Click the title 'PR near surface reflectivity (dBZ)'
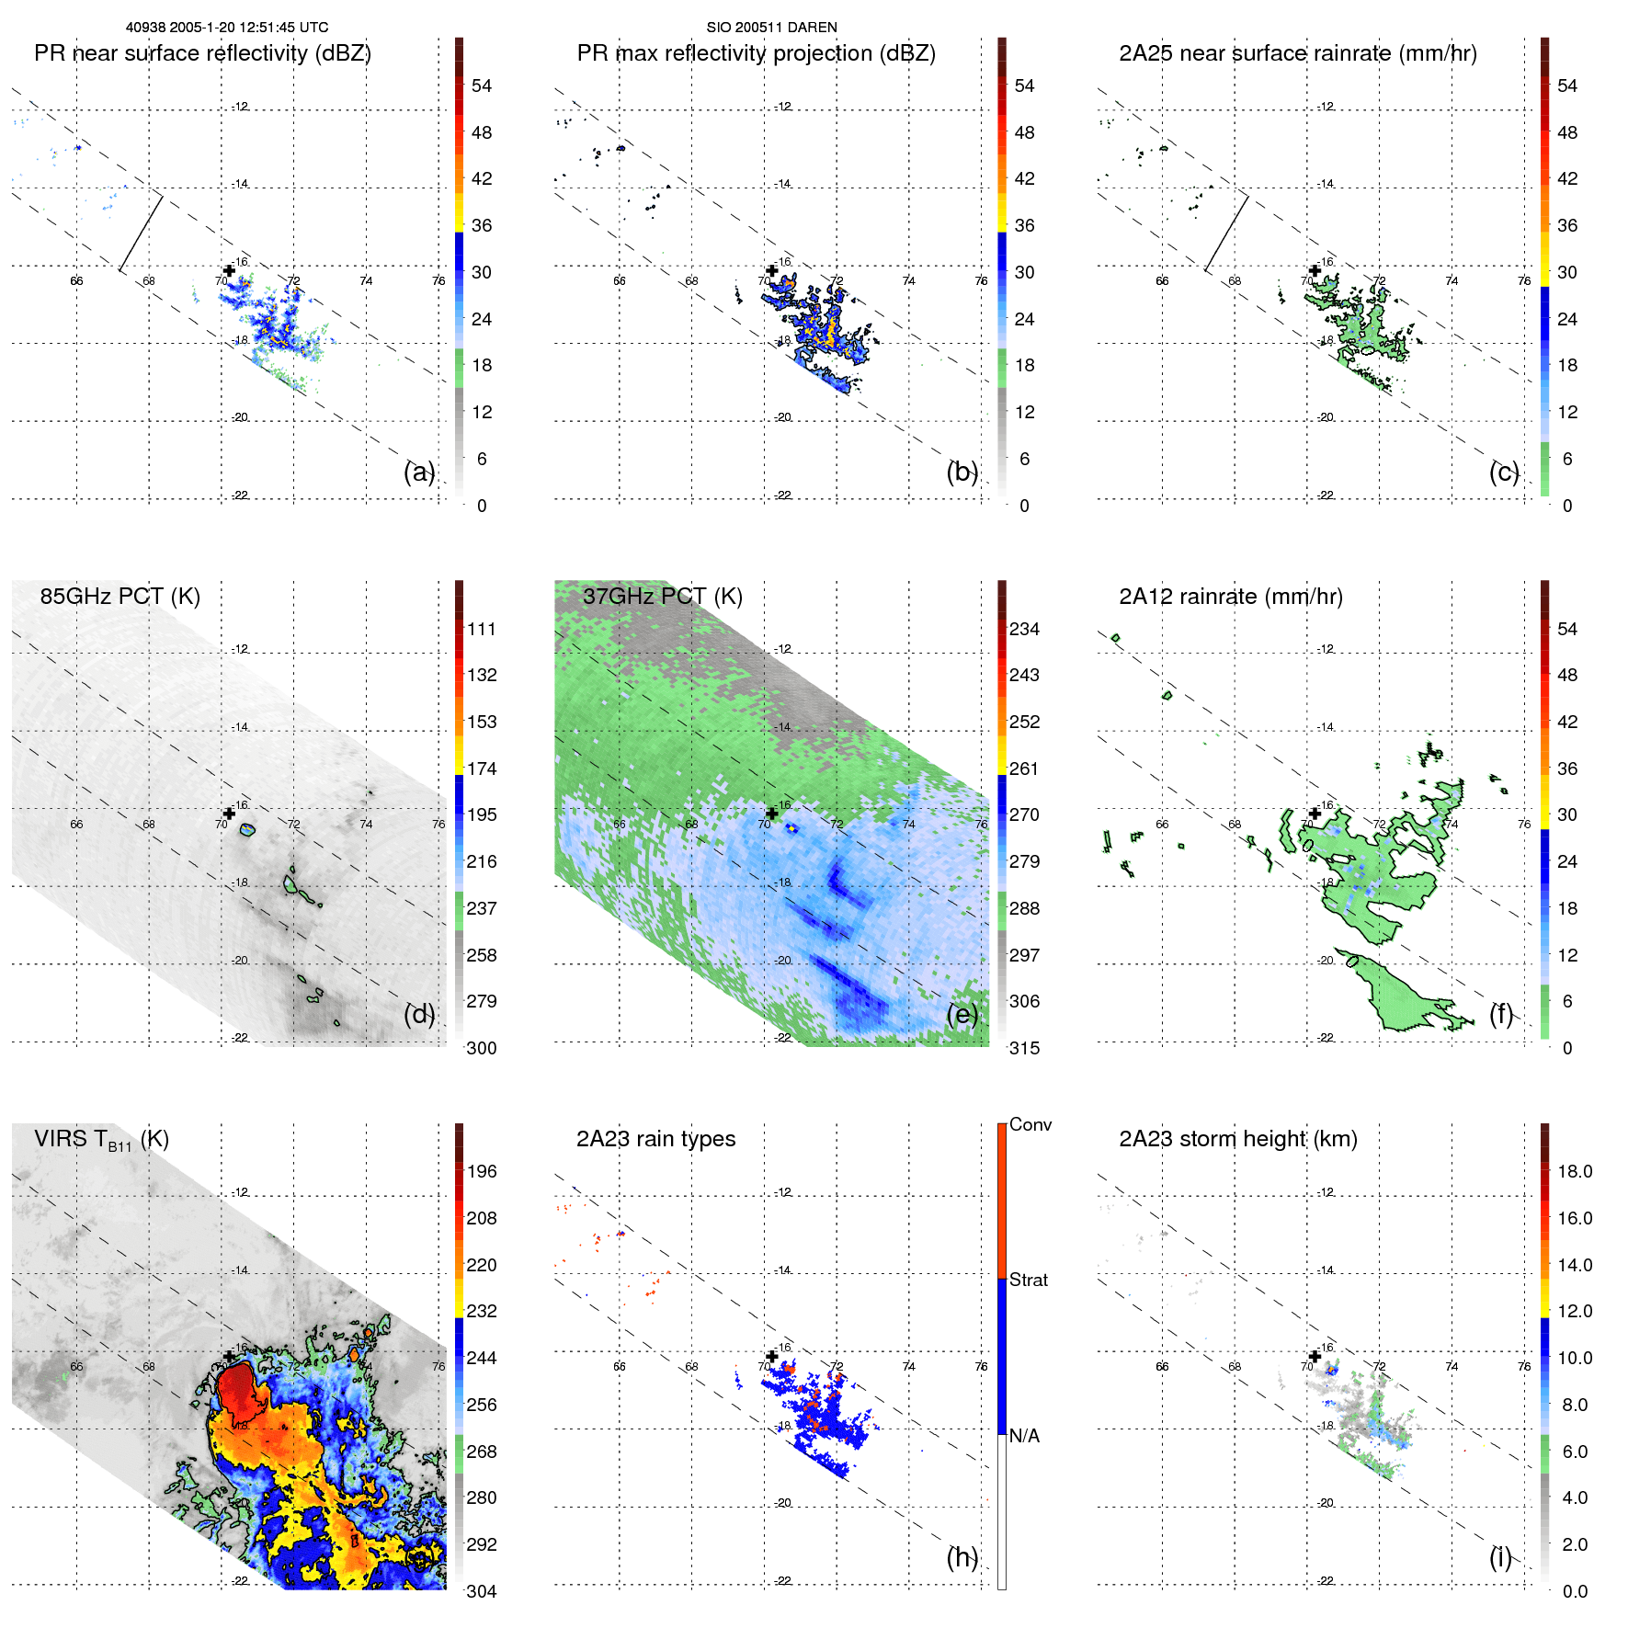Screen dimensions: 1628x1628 click(x=202, y=53)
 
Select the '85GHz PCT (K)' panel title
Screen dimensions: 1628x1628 click(x=120, y=597)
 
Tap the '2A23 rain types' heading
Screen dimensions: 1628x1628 click(x=655, y=1139)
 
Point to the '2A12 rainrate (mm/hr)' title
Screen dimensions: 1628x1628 click(x=1230, y=597)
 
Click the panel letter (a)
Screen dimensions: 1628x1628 click(x=419, y=472)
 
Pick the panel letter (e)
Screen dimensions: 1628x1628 click(x=962, y=1015)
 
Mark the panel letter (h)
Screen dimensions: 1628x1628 click(x=962, y=1557)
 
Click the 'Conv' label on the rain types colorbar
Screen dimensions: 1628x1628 click(x=1030, y=1124)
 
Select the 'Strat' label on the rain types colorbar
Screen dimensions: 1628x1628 click(x=1028, y=1280)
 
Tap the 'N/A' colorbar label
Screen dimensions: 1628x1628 click(x=1024, y=1436)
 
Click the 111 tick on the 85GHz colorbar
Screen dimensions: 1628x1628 click(x=482, y=629)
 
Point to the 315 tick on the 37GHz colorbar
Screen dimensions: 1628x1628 click(x=1024, y=1048)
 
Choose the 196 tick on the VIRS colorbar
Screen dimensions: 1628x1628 click(x=482, y=1171)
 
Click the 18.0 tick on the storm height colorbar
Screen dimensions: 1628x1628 click(x=1574, y=1171)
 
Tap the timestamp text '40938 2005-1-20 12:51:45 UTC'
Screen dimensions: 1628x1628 click(x=227, y=28)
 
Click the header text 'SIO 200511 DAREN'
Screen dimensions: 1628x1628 click(x=771, y=28)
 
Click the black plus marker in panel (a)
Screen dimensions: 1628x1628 click(x=229, y=270)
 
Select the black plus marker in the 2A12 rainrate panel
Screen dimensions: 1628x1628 click(x=1315, y=813)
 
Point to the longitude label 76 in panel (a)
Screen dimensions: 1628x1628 click(x=438, y=281)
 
